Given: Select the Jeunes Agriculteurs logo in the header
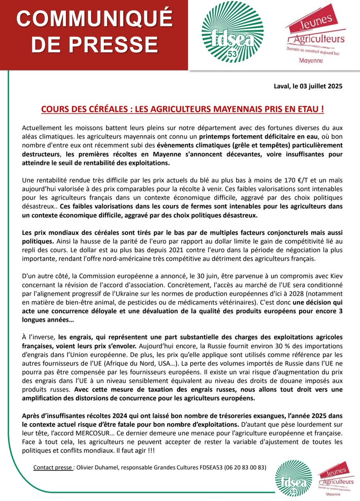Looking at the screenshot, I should pyautogui.click(x=315, y=37).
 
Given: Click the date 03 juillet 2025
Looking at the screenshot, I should pyautogui.click(x=319, y=87).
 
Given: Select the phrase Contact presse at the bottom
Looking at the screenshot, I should pyautogui.click(x=53, y=468).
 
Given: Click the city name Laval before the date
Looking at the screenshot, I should pyautogui.click(x=275, y=87).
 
